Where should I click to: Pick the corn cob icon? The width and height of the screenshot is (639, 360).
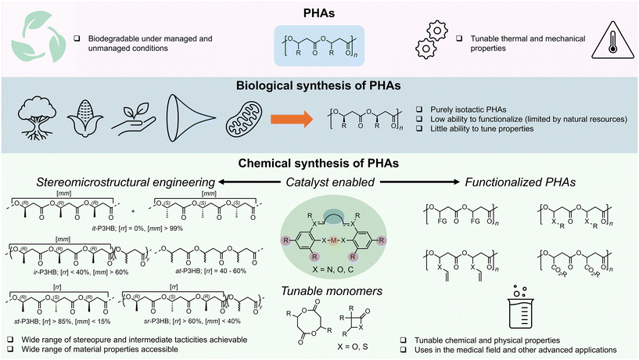click(x=90, y=121)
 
